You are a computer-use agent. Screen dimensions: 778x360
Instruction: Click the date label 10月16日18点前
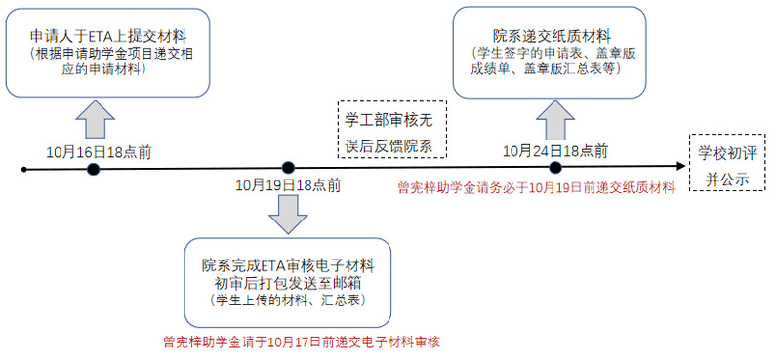[100, 152]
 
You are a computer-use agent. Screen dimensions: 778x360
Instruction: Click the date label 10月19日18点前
[288, 185]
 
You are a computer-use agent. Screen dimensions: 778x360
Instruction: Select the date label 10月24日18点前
[555, 151]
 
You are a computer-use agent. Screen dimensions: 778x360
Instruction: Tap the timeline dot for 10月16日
[93, 169]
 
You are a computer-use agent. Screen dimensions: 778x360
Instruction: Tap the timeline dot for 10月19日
[288, 168]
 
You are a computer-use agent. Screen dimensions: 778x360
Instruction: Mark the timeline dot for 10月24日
[555, 168]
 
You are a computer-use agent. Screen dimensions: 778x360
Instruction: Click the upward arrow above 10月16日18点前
[96, 119]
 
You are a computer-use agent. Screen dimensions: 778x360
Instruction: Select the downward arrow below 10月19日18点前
[288, 215]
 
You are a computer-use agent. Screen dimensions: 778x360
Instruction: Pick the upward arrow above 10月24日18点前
[555, 119]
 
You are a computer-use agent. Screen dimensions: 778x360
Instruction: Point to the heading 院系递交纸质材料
[552, 36]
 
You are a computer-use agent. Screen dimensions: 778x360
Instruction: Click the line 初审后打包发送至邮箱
[288, 283]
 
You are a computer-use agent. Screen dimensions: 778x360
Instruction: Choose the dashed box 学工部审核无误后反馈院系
[392, 129]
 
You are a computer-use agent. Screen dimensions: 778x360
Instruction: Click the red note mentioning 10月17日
[302, 341]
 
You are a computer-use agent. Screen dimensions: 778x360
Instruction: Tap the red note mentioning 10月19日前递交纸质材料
[536, 188]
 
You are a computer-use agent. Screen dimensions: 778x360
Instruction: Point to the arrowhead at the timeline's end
[679, 167]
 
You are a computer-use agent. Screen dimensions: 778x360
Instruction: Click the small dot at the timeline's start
[24, 170]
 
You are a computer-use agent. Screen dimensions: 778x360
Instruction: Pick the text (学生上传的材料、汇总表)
[288, 299]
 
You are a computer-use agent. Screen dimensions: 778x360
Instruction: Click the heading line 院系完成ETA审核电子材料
[288, 265]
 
